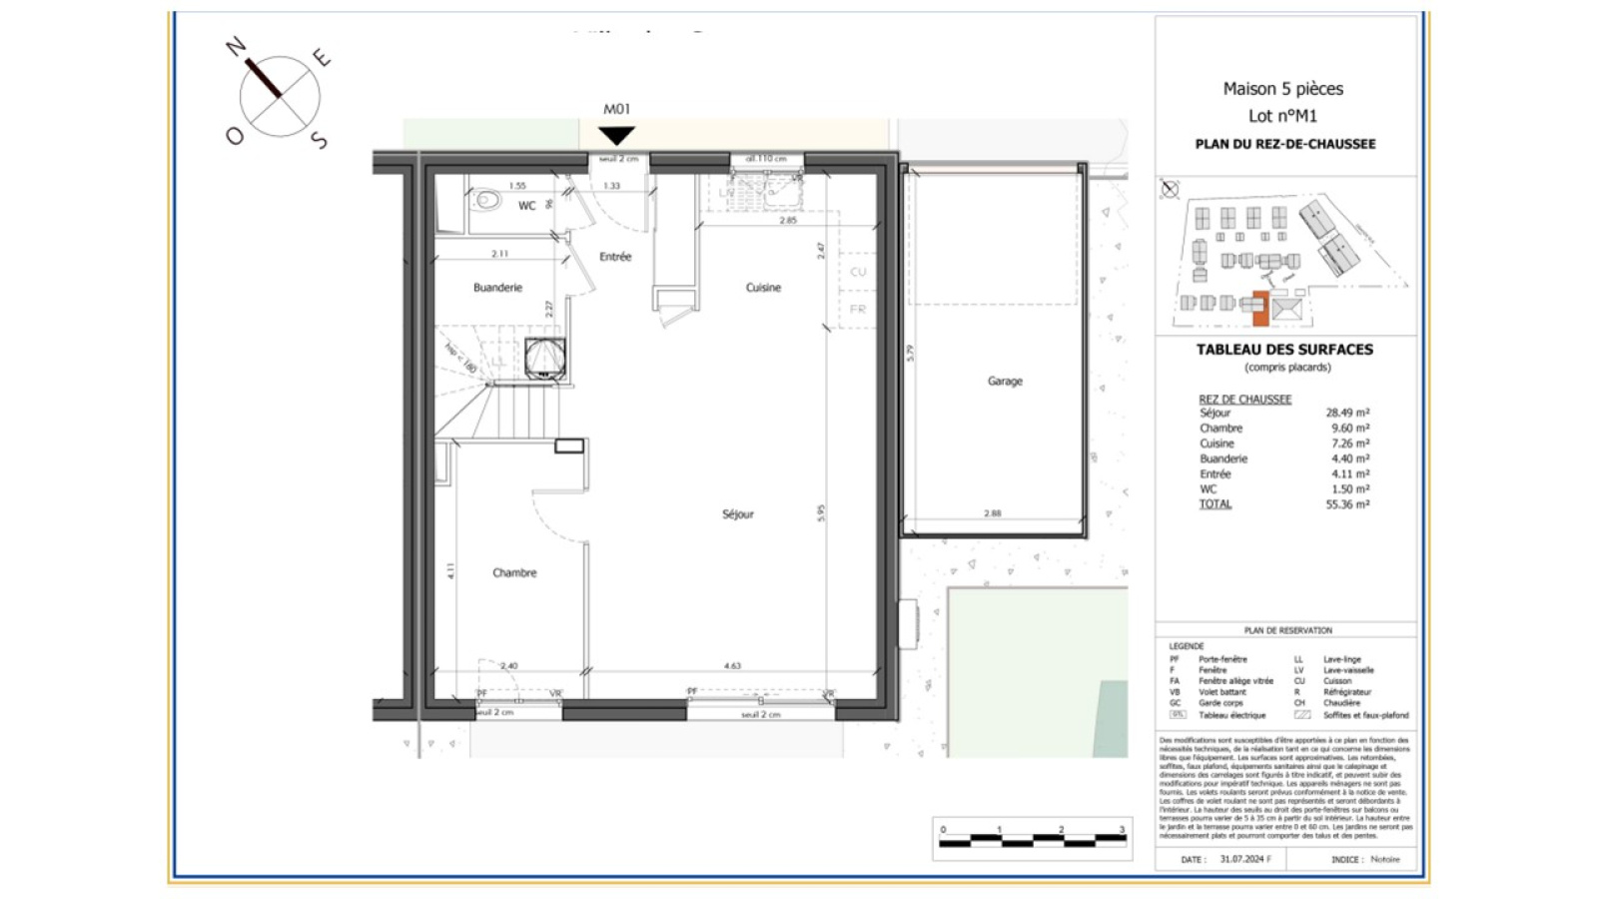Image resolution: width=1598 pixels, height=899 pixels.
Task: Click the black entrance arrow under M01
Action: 616,134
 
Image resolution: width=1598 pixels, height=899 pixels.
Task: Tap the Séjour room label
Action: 738,514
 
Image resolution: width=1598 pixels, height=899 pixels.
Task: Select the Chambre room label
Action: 514,573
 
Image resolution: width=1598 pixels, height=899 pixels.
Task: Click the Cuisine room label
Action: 763,288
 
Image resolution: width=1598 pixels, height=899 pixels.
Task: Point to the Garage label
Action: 1005,382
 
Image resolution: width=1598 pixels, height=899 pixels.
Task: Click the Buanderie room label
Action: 497,288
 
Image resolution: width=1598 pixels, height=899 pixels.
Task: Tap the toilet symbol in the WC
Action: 487,200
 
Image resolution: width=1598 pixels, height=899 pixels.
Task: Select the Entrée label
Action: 615,257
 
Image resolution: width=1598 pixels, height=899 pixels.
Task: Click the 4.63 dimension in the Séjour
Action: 732,665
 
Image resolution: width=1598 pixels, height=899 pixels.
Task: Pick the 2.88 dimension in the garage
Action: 992,513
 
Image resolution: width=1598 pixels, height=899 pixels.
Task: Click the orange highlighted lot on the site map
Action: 1260,310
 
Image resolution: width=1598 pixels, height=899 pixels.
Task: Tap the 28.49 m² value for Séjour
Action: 1347,413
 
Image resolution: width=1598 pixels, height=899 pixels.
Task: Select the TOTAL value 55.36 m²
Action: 1347,504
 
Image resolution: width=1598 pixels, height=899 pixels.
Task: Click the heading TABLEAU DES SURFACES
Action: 1284,350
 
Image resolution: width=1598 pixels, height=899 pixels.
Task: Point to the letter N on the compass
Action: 236,46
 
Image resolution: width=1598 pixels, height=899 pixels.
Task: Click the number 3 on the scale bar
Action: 1122,830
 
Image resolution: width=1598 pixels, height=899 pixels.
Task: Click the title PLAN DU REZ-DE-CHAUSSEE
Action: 1284,144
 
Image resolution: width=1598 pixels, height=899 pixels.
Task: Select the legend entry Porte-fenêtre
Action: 1222,659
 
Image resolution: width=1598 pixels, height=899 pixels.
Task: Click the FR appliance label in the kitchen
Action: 857,310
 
